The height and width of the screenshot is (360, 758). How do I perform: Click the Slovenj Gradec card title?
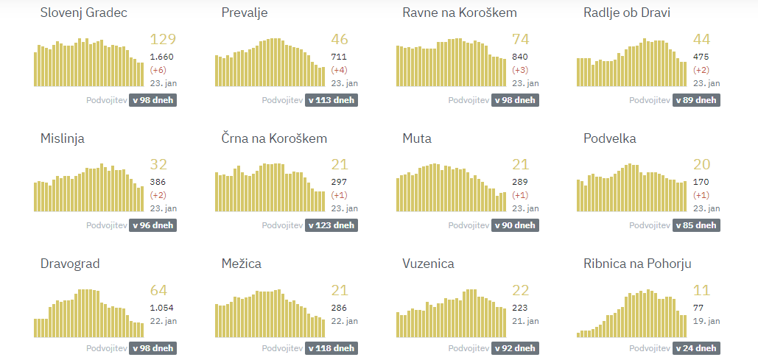pyautogui.click(x=83, y=13)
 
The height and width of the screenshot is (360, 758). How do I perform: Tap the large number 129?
pyautogui.click(x=163, y=40)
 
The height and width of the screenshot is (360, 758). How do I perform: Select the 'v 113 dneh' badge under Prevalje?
pyautogui.click(x=331, y=100)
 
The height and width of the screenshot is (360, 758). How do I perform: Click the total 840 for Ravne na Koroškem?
pyautogui.click(x=519, y=57)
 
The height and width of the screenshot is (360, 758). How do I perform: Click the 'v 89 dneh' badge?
pyautogui.click(x=696, y=100)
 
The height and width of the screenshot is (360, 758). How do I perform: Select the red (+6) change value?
pyautogui.click(x=158, y=70)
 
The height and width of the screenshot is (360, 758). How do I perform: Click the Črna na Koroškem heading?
pyautogui.click(x=274, y=138)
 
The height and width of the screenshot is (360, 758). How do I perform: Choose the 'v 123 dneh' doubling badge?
pyautogui.click(x=331, y=225)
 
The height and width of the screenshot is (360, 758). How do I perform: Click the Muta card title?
pyautogui.click(x=417, y=138)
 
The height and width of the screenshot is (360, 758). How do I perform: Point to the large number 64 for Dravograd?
pyautogui.click(x=158, y=290)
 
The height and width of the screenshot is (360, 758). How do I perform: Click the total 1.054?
pyautogui.click(x=161, y=307)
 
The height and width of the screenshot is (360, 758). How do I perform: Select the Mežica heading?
pyautogui.click(x=241, y=264)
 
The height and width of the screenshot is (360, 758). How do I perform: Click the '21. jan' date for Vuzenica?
pyautogui.click(x=525, y=321)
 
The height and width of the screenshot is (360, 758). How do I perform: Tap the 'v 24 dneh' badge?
pyautogui.click(x=696, y=348)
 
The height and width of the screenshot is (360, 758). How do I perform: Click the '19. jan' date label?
pyautogui.click(x=706, y=321)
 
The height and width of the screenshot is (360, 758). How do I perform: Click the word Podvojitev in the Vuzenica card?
pyautogui.click(x=468, y=348)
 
